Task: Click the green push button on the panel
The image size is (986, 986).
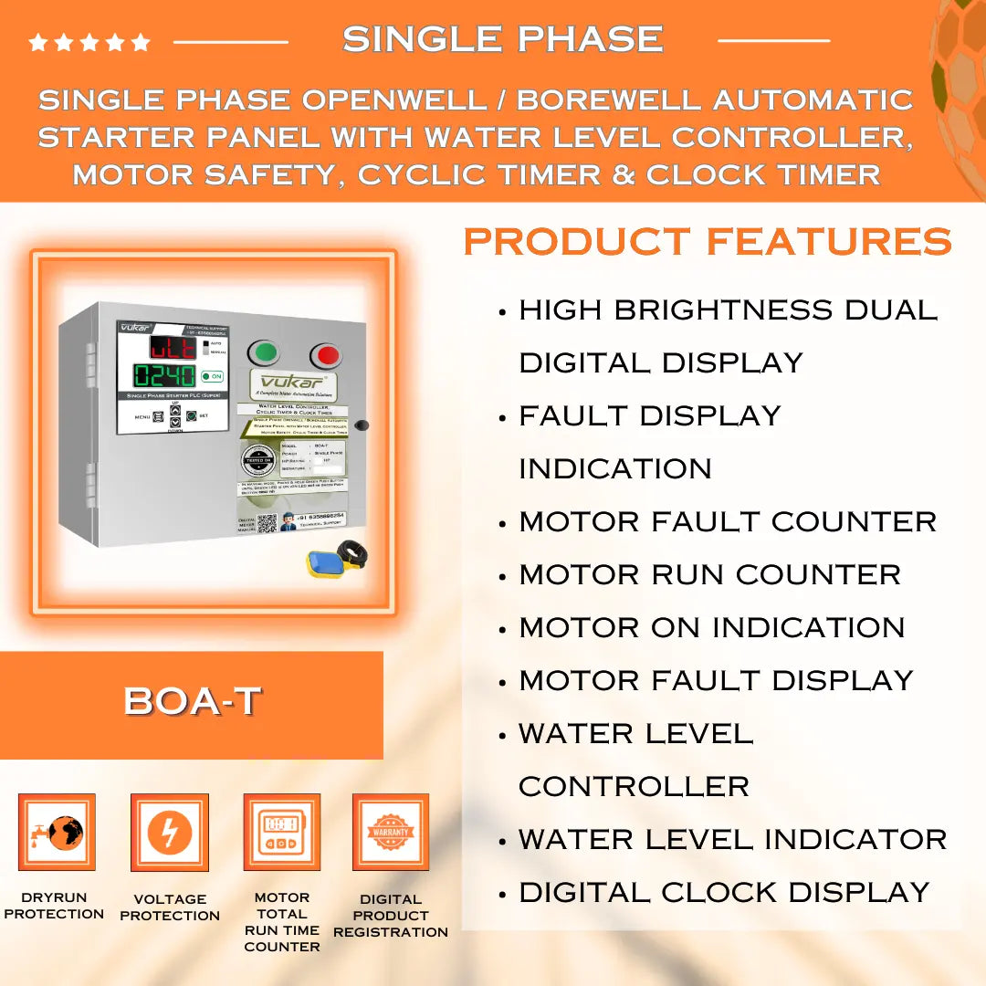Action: (265, 352)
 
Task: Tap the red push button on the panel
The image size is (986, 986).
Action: (325, 354)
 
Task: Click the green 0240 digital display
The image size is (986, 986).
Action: (164, 376)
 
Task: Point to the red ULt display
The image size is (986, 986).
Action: (172, 347)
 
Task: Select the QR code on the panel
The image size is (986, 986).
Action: (267, 524)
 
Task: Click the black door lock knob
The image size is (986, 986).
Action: (361, 425)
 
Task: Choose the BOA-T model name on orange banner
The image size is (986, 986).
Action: (193, 701)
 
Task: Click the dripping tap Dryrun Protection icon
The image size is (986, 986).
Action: (57, 832)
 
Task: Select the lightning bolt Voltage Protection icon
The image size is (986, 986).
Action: (170, 833)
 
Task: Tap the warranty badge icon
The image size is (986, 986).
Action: (391, 832)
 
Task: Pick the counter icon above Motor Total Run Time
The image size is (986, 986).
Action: (281, 833)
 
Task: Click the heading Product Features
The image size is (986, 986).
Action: (708, 242)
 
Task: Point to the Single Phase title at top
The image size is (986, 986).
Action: (502, 39)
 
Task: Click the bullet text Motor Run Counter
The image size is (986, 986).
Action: (709, 574)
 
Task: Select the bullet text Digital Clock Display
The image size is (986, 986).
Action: (724, 892)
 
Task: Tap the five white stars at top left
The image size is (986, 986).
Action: (89, 42)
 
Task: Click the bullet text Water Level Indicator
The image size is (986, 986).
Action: (732, 839)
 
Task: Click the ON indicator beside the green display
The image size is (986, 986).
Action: (213, 376)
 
